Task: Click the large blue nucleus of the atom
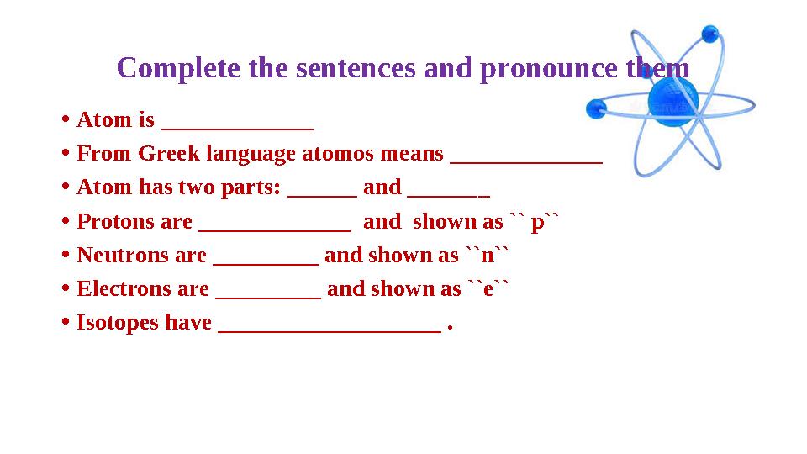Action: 674,104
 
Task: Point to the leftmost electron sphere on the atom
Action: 596,108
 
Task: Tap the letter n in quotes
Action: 488,256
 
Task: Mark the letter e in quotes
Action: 488,289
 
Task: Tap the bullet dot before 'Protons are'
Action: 65,221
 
